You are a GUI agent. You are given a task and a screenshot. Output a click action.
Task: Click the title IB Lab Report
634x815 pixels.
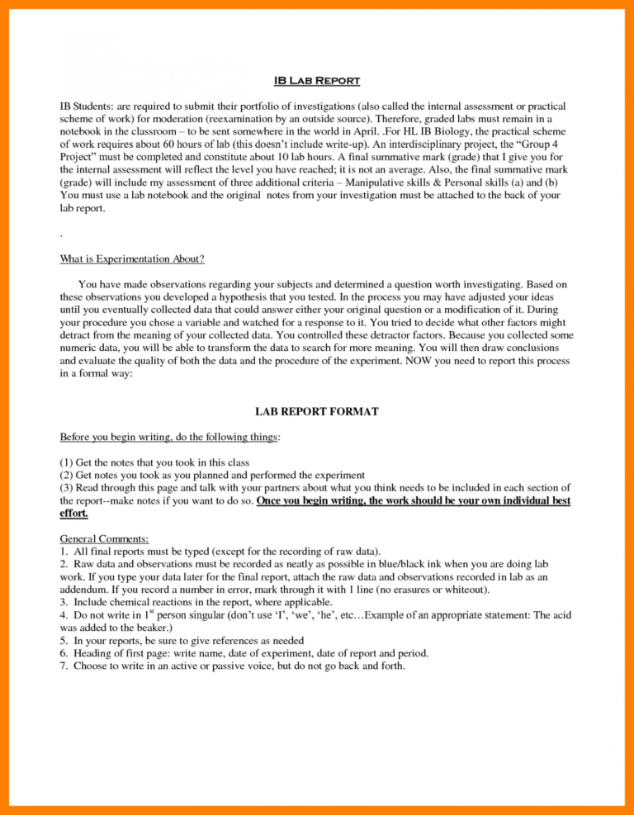316,81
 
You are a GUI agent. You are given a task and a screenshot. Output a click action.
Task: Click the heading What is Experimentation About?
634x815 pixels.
132,259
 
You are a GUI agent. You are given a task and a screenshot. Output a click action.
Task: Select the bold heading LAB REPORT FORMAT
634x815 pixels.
316,410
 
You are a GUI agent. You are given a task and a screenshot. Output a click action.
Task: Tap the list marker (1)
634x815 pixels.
67,462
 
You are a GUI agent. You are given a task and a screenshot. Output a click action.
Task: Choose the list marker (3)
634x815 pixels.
67,488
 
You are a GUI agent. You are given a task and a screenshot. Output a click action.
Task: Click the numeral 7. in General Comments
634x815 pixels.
64,666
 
